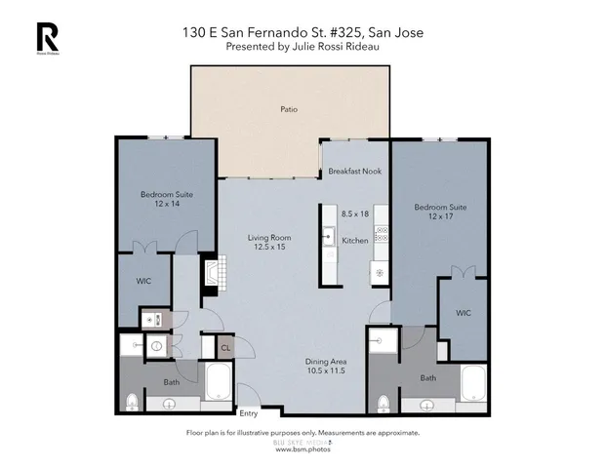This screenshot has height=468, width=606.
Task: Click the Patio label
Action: coord(288,109)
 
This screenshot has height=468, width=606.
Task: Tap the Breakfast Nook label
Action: coord(354,171)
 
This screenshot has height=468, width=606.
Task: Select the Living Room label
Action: coord(267,238)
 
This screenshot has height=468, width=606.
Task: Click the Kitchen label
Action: coord(354,240)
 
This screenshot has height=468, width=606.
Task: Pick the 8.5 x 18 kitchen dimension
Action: coord(355,214)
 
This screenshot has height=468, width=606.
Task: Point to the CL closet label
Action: coord(225,347)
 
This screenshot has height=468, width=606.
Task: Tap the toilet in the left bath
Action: coord(132,400)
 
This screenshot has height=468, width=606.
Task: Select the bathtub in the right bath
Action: coord(473,385)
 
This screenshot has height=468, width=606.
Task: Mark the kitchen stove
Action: coord(383,234)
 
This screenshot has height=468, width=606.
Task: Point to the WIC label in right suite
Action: coord(464,313)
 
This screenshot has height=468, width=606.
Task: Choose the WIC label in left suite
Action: coord(143,281)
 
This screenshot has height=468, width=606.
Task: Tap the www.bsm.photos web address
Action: coord(303,449)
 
